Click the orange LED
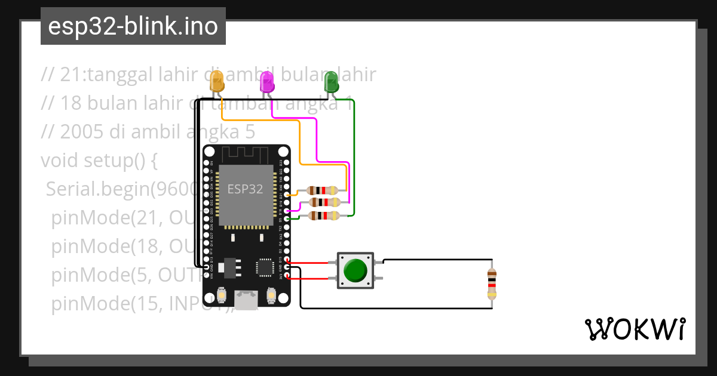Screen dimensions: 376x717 [x=217, y=81]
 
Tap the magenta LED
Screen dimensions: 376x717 [x=267, y=81]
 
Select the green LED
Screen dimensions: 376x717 [x=330, y=81]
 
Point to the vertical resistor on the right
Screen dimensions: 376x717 [x=492, y=284]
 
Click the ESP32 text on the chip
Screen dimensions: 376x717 [x=245, y=189]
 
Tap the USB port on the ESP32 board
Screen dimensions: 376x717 [x=246, y=300]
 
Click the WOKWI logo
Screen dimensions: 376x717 [x=634, y=329]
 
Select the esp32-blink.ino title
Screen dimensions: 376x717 [x=133, y=27]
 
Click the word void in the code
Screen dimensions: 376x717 [x=59, y=161]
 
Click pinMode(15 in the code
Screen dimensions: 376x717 [x=108, y=304]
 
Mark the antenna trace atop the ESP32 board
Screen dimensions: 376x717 [x=246, y=154]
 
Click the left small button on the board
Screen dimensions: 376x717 [x=222, y=295]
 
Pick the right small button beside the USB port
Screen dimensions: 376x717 [x=271, y=295]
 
